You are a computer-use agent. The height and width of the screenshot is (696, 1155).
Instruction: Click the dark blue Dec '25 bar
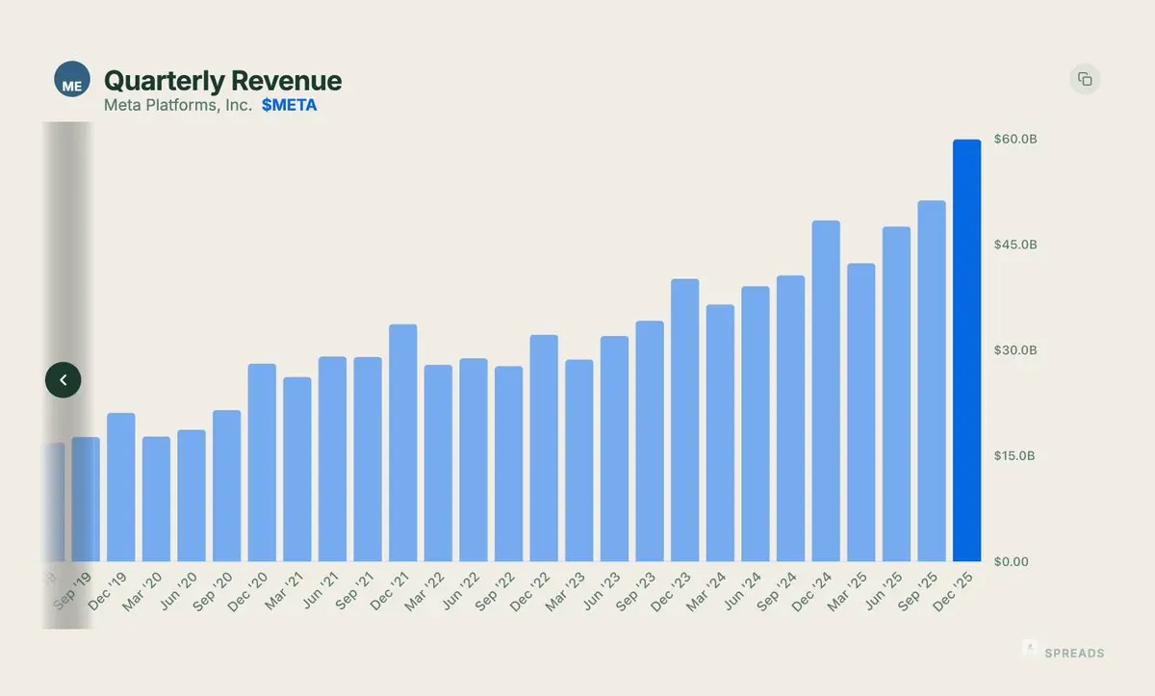pos(966,350)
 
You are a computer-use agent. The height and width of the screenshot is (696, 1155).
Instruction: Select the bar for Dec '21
pos(402,443)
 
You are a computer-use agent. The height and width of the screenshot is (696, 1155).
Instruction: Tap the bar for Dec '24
pos(826,391)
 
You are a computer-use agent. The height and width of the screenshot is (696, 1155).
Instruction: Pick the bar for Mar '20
pos(156,499)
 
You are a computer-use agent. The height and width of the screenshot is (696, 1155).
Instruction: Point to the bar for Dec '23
pos(684,420)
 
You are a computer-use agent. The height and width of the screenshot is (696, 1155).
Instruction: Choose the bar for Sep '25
pos(931,380)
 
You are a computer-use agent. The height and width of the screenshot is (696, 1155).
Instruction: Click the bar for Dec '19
pos(121,487)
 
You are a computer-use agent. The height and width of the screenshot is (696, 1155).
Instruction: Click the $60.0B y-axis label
pos(1015,140)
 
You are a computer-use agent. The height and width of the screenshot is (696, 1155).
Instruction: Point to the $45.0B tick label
pos(1015,245)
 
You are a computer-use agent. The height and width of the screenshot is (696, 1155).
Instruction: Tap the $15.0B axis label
pos(1015,455)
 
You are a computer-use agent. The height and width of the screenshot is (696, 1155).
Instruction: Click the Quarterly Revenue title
pos(222,81)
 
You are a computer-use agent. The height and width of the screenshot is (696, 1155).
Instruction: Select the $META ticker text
pos(289,106)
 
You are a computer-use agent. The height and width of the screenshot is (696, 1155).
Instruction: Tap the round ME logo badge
pos(72,80)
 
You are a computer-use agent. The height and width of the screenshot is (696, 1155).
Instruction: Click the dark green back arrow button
pos(64,380)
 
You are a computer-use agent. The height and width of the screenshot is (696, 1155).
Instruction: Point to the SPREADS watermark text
pos(1074,654)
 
